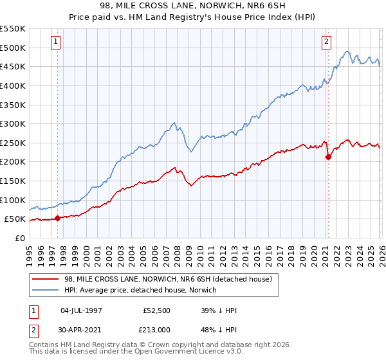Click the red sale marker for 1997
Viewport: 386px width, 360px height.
click(x=57, y=218)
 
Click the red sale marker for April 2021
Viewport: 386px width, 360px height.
click(x=328, y=157)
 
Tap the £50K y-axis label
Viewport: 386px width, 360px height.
click(x=15, y=219)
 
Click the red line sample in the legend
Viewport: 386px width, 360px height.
click(x=46, y=279)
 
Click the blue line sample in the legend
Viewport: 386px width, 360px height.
click(x=46, y=290)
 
